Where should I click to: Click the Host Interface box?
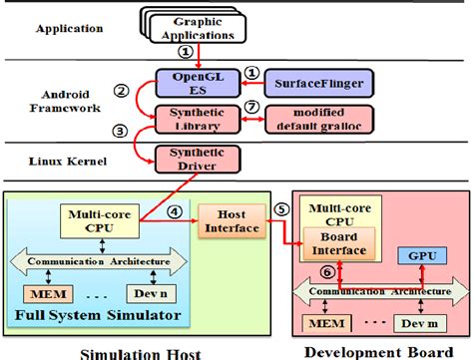point(229,222)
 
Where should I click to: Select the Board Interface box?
point(339,245)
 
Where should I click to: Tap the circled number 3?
point(121,131)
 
